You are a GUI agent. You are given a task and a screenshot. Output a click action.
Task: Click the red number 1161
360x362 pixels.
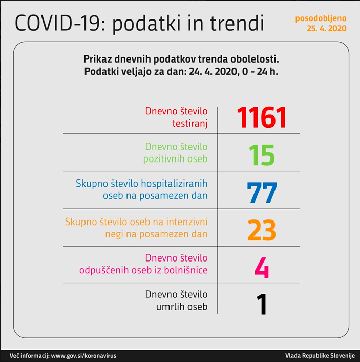[x=262, y=117]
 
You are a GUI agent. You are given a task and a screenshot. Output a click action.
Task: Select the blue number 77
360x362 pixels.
[x=262, y=192]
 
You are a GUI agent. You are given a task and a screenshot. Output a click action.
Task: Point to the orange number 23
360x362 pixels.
[x=262, y=230]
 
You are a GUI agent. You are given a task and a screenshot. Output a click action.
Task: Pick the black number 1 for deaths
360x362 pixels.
[x=262, y=305]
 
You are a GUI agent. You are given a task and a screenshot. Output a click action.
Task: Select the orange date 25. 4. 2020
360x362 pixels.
[x=327, y=29]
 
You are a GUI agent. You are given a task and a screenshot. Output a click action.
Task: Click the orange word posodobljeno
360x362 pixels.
[x=321, y=18]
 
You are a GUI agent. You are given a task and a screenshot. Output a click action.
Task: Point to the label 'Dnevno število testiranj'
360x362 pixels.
[x=177, y=117]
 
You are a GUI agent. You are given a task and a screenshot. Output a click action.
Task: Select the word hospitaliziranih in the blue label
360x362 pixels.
[x=173, y=183]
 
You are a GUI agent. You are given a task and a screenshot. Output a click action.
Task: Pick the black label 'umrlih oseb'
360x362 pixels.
[x=182, y=307]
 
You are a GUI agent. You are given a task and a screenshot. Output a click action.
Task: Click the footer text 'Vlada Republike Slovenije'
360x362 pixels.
[x=320, y=355]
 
